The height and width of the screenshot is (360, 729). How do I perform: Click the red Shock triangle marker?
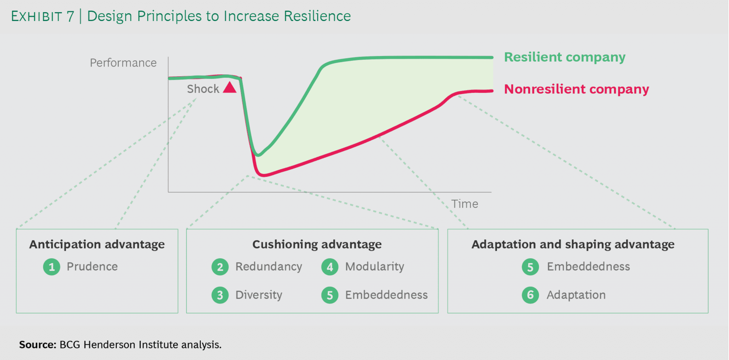pyautogui.click(x=230, y=88)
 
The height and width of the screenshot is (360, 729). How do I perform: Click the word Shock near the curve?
pyautogui.click(x=203, y=89)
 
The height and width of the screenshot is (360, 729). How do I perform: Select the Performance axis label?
pyautogui.click(x=123, y=63)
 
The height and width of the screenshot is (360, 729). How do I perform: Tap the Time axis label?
pyautogui.click(x=465, y=204)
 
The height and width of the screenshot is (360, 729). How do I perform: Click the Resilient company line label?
pyautogui.click(x=565, y=57)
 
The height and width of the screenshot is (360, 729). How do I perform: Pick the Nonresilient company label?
pyautogui.click(x=576, y=89)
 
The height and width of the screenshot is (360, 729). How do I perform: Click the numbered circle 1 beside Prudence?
pyautogui.click(x=52, y=267)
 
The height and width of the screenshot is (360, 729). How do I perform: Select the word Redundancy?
pyautogui.click(x=268, y=266)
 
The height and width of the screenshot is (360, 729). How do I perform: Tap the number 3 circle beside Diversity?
pyautogui.click(x=220, y=295)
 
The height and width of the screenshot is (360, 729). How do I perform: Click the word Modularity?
pyautogui.click(x=374, y=266)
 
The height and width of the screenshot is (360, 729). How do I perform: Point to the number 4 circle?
pyautogui.click(x=330, y=267)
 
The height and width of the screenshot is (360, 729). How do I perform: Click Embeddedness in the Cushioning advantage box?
pyautogui.click(x=386, y=295)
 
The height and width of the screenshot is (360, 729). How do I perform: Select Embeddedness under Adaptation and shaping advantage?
pyautogui.click(x=588, y=266)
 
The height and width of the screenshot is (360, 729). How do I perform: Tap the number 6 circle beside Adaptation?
pyautogui.click(x=530, y=295)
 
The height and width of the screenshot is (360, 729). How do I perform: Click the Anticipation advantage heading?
pyautogui.click(x=97, y=244)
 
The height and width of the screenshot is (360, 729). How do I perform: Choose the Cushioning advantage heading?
pyautogui.click(x=317, y=244)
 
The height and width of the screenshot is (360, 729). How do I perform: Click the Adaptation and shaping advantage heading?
pyautogui.click(x=573, y=244)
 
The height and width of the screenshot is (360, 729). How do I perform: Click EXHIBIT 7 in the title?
pyautogui.click(x=42, y=16)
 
